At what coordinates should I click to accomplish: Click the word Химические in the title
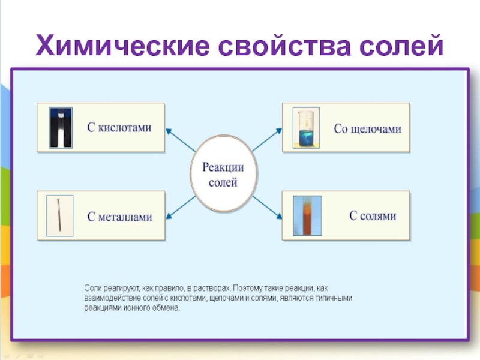tap(123, 45)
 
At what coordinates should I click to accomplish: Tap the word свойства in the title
tap(281, 45)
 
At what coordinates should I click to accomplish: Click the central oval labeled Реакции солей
tap(222, 175)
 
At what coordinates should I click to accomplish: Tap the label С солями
tap(373, 215)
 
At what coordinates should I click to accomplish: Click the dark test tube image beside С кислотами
tap(61, 128)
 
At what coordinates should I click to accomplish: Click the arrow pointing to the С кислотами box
tap(180, 139)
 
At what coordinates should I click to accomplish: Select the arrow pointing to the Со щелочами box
tap(266, 139)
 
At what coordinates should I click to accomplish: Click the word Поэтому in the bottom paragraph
tap(247, 288)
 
